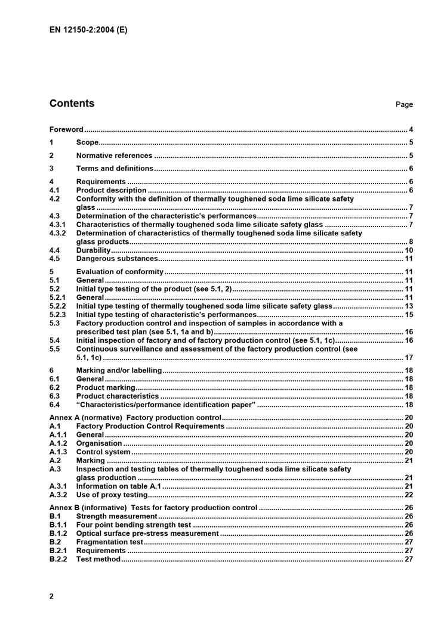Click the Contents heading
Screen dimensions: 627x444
(x=72, y=104)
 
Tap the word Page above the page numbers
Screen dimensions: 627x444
(x=404, y=105)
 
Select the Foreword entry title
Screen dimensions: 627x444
(x=66, y=129)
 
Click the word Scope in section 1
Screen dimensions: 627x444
(x=87, y=142)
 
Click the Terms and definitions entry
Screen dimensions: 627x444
(x=114, y=169)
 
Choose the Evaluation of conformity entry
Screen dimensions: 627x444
(x=119, y=272)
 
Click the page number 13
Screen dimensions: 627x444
(x=409, y=306)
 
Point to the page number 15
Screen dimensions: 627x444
(x=409, y=315)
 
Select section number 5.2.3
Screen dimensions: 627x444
(x=58, y=315)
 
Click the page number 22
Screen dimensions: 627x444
(x=409, y=495)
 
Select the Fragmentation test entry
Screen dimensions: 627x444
(x=110, y=542)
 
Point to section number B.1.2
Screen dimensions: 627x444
(x=58, y=533)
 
